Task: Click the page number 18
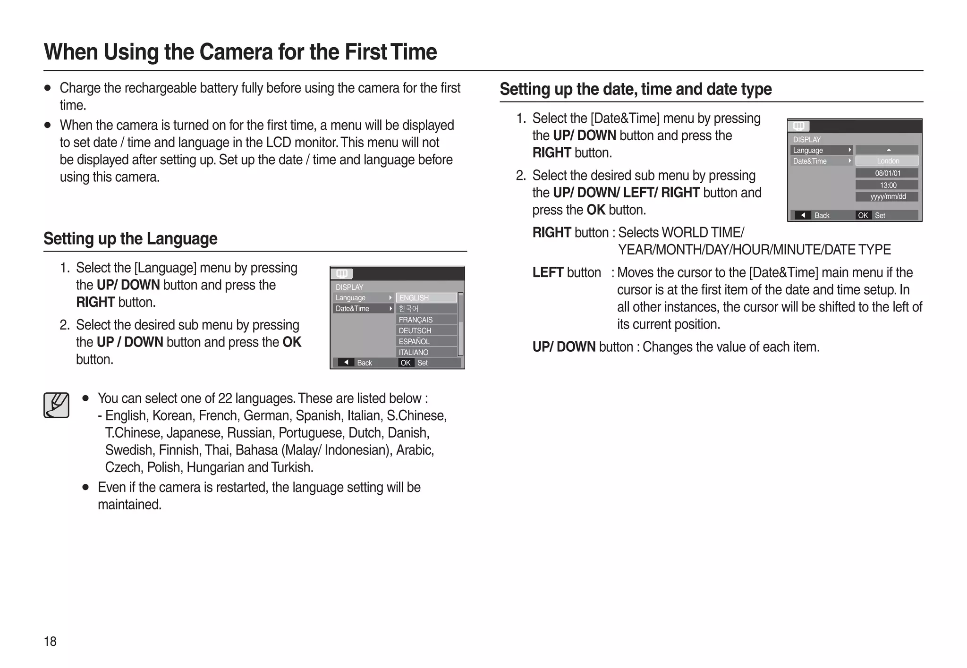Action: coord(50,641)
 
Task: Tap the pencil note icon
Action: coord(57,405)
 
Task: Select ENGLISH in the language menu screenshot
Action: coord(426,297)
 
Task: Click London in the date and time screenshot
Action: coord(887,161)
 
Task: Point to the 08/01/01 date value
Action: coord(887,173)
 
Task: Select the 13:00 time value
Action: coord(887,185)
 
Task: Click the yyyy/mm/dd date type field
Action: coord(887,197)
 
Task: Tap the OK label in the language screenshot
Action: coord(406,363)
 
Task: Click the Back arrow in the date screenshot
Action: coord(803,215)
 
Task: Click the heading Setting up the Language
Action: coord(130,239)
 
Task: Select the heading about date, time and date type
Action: coord(636,89)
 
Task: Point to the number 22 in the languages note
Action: coord(225,398)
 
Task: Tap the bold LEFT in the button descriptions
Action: coord(548,272)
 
